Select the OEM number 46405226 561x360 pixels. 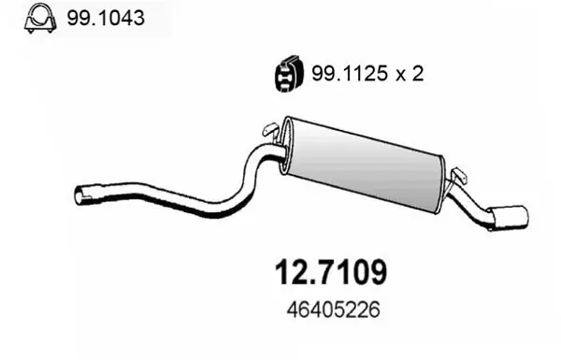pos(327,308)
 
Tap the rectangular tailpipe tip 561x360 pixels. pos(513,215)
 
